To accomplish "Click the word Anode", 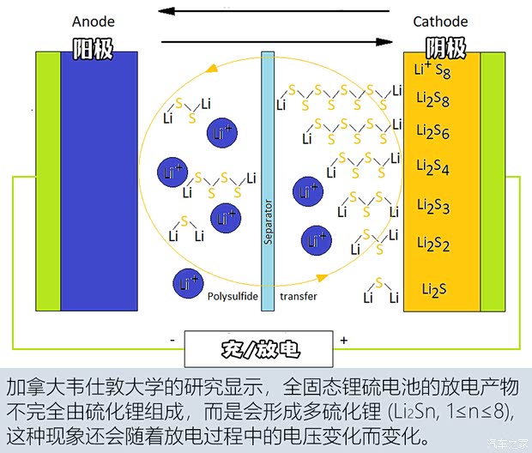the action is pyautogui.click(x=94, y=21).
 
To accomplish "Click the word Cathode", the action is pyautogui.click(x=440, y=21).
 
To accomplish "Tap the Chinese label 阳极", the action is pyautogui.click(x=93, y=49).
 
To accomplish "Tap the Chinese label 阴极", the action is pyautogui.click(x=446, y=48).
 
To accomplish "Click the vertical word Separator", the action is pyautogui.click(x=268, y=222).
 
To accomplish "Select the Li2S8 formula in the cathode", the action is pyautogui.click(x=433, y=100).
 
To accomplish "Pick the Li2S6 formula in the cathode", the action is pyautogui.click(x=433, y=131).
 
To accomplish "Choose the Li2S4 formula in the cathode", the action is pyautogui.click(x=433, y=167).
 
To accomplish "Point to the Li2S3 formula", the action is pyautogui.click(x=433, y=206).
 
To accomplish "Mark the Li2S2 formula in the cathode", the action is pyautogui.click(x=433, y=244).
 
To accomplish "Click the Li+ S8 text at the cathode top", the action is pyautogui.click(x=432, y=69).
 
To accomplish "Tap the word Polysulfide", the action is pyautogui.click(x=233, y=297).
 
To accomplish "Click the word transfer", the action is pyautogui.click(x=299, y=296).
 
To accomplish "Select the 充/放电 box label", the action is pyautogui.click(x=261, y=349).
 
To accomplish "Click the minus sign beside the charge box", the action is pyautogui.click(x=172, y=340).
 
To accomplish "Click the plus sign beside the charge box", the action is pyautogui.click(x=344, y=340).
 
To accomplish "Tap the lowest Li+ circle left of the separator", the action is pyautogui.click(x=188, y=284).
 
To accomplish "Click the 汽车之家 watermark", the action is pyautogui.click(x=508, y=444).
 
